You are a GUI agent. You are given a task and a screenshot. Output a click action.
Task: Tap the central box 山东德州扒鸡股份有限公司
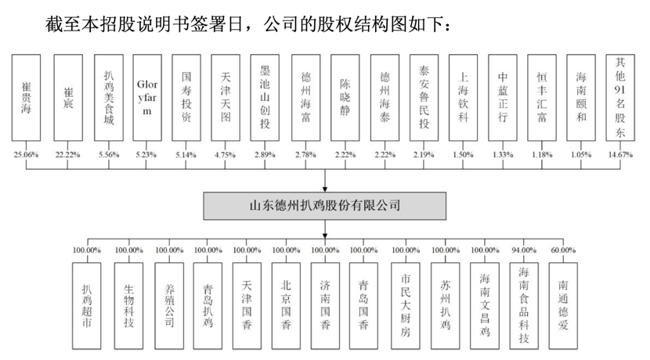pyautogui.click(x=324, y=207)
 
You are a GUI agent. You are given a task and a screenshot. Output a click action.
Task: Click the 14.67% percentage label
pyautogui.click(x=620, y=155)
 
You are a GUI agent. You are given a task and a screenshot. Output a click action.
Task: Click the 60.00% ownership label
pyautogui.click(x=561, y=250)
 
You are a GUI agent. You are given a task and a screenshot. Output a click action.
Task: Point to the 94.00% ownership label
pyautogui.click(x=522, y=250)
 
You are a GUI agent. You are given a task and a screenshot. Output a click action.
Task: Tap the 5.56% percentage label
pyautogui.click(x=108, y=155)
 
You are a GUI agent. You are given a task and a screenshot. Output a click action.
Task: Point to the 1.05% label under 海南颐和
pyautogui.click(x=582, y=155)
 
